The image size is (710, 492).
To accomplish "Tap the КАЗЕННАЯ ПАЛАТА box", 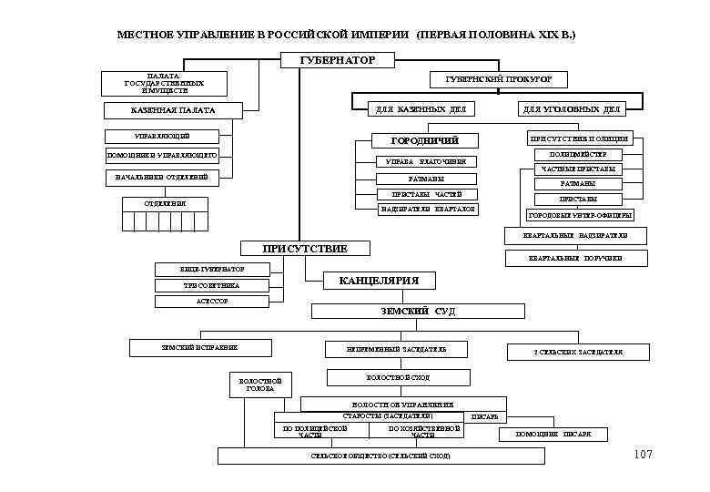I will pyautogui.click(x=173, y=111).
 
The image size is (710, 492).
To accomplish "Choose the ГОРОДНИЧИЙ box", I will pyautogui.click(x=424, y=141).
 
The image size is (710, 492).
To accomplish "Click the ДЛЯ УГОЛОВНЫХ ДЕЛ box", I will pyautogui.click(x=571, y=109).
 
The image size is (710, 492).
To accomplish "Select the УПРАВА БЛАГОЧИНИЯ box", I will pyautogui.click(x=425, y=163).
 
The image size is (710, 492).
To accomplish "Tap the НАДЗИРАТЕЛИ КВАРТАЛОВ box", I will pyautogui.click(x=427, y=210).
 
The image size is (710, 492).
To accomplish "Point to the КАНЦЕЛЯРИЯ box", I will pyautogui.click(x=379, y=281).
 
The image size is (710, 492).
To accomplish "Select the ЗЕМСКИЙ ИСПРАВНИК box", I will pyautogui.click(x=199, y=347).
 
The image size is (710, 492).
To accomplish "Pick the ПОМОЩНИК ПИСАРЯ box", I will pyautogui.click(x=553, y=435).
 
